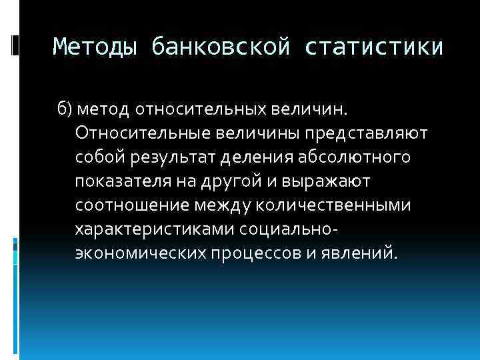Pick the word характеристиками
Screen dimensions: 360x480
(x=151, y=229)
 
